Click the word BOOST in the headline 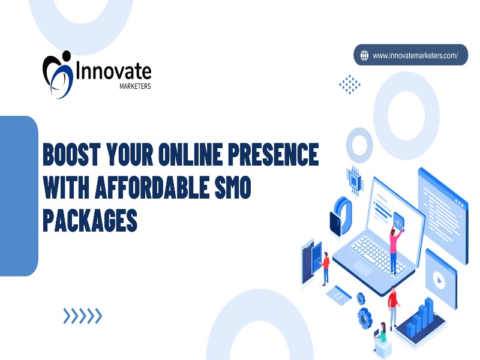[72, 154]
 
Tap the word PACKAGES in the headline [90, 220]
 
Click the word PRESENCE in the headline [273, 154]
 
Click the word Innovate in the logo [113, 71]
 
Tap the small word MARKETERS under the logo [135, 86]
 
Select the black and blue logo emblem [58, 74]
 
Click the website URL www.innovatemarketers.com [415, 56]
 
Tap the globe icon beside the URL [364, 55]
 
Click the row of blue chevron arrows [83, 316]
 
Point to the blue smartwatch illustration [340, 217]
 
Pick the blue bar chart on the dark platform [420, 317]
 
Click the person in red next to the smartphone [325, 268]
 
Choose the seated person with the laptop [380, 337]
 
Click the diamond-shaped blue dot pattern [350, 84]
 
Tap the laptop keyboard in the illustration [378, 253]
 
